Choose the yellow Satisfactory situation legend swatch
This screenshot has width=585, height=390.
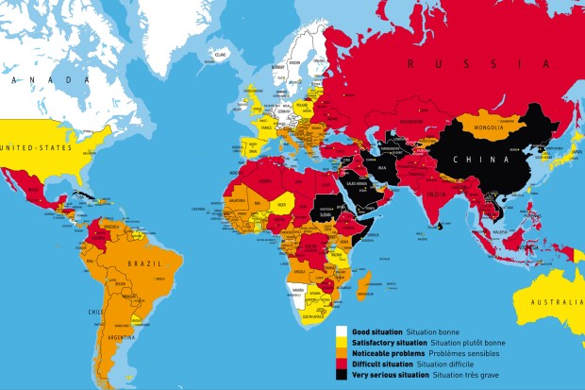pyautogui.click(x=343, y=344)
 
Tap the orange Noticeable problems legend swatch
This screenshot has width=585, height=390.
pyautogui.click(x=343, y=354)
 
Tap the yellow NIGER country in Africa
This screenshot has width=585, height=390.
pyautogui.click(x=280, y=202)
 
